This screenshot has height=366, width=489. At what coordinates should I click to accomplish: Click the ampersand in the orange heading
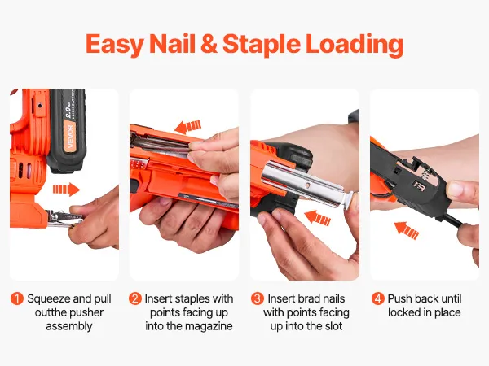coord(209,44)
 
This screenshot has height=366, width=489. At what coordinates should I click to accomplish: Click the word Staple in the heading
coord(262,45)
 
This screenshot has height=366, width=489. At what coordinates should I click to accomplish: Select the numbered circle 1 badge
coord(17,298)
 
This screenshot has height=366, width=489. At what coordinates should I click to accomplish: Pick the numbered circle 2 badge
coord(135,298)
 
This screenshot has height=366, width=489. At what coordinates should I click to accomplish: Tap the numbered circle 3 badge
coord(258,298)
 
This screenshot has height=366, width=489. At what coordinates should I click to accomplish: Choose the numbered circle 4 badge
coord(377,298)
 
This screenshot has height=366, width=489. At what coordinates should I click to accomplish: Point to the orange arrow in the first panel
coord(66,190)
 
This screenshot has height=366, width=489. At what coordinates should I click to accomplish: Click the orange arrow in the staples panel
coord(187,127)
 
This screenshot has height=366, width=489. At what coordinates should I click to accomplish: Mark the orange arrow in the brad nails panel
coord(317,217)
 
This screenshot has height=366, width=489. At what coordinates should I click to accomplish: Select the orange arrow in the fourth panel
coord(406,230)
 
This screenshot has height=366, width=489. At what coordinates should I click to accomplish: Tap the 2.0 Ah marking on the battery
coord(69,111)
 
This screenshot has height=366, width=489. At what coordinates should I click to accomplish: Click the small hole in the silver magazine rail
coord(308,185)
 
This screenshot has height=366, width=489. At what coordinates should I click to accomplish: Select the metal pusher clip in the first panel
coord(64,219)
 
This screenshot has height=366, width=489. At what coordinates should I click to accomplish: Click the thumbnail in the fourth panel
coord(454,190)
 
